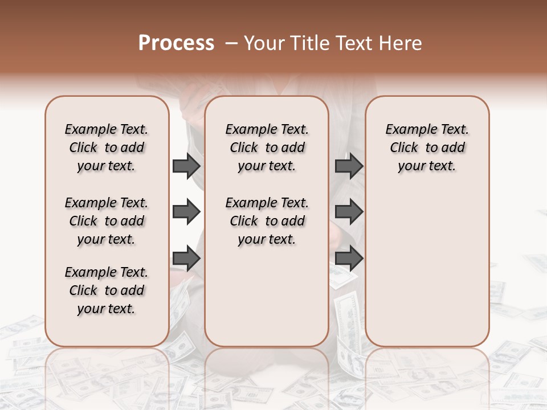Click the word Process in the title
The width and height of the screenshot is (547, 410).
click(176, 43)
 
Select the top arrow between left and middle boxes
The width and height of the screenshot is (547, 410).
click(186, 166)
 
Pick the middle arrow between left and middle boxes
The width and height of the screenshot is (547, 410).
click(186, 212)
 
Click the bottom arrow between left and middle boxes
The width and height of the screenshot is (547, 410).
click(186, 259)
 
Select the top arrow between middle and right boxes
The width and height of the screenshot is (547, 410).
click(349, 166)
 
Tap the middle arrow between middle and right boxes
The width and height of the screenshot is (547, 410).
click(349, 212)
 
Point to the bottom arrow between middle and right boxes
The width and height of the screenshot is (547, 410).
click(349, 259)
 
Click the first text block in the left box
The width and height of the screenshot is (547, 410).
click(106, 147)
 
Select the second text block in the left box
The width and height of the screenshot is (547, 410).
click(106, 221)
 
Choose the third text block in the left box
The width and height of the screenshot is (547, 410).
click(106, 290)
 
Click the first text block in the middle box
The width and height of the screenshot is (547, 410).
click(267, 147)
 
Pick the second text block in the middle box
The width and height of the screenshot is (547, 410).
click(267, 221)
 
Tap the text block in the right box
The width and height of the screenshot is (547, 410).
click(427, 147)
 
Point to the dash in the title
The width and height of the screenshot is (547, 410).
click(231, 43)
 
